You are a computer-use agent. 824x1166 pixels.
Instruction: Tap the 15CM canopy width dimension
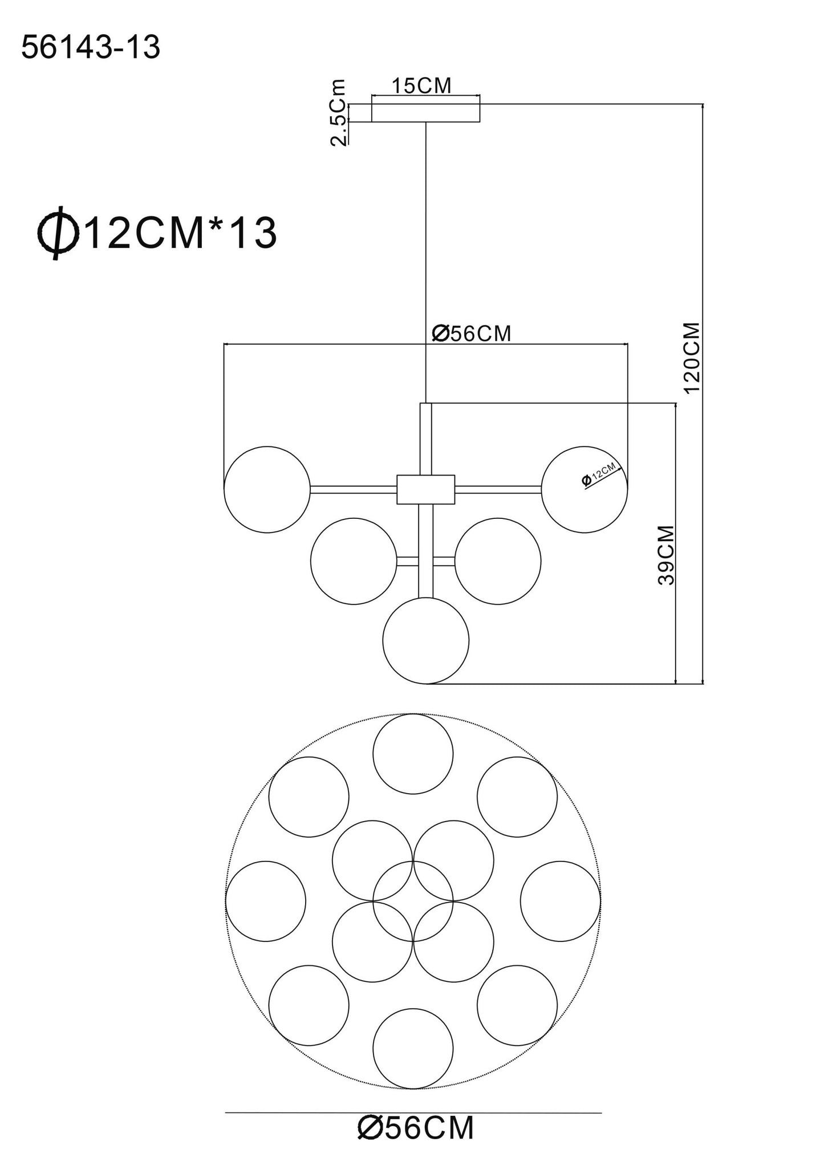[421, 86]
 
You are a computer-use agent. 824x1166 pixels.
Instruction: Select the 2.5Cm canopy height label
[339, 112]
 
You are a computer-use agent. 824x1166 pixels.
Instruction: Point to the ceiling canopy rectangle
[425, 112]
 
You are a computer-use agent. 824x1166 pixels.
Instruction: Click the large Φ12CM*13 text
[157, 234]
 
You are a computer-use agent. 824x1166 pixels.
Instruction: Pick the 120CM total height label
[692, 357]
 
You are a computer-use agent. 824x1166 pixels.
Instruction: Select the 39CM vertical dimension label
[665, 555]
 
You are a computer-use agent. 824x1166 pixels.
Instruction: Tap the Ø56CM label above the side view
[471, 334]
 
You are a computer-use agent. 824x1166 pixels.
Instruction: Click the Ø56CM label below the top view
[416, 1127]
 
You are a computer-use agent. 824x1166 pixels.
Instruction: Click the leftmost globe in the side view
[267, 489]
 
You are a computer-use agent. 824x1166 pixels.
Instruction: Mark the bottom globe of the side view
[425, 640]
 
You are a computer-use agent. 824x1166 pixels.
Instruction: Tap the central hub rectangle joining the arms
[425, 489]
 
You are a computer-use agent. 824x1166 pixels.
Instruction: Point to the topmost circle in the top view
[413, 753]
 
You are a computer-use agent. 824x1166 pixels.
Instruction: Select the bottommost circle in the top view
[413, 1048]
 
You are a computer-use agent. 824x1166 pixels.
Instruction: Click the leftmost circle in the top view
[265, 901]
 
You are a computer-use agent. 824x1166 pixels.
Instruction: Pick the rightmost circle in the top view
[560, 901]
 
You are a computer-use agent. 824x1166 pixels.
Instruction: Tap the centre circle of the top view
[413, 901]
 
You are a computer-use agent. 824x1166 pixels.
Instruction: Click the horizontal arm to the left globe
[353, 489]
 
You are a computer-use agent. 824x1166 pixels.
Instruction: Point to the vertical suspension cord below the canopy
[426, 257]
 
